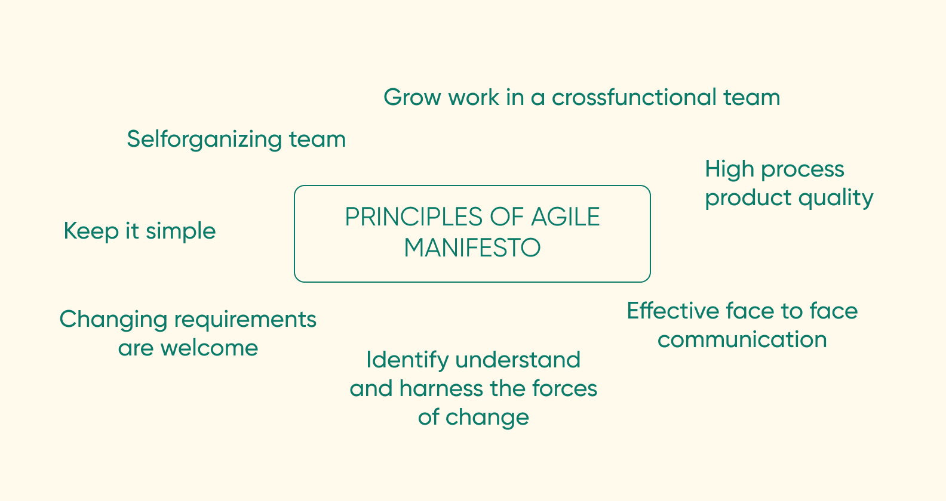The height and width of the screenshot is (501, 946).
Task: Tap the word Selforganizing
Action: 204,140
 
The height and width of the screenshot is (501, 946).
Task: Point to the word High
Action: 729,169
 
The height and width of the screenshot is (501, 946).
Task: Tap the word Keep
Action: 91,231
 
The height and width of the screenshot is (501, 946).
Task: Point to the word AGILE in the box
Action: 565,217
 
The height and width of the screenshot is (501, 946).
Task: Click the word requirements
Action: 245,320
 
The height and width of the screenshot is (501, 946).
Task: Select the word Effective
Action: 672,311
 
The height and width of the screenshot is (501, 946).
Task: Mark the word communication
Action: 742,340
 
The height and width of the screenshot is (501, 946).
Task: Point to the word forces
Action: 564,389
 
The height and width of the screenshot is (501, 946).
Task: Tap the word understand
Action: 518,360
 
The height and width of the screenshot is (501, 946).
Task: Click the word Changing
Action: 113,320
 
